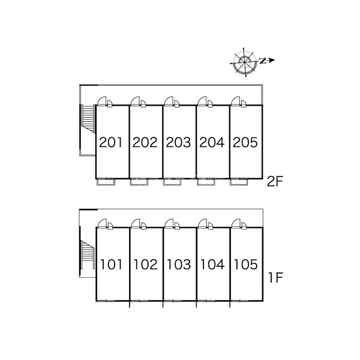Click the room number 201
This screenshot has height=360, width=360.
pyautogui.click(x=110, y=142)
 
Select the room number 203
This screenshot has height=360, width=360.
pyautogui.click(x=178, y=142)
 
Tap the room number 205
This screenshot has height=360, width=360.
pyautogui.click(x=245, y=142)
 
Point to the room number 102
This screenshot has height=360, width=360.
pyautogui.click(x=146, y=265)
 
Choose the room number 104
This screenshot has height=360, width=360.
pyautogui.click(x=212, y=265)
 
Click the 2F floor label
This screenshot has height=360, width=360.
pyautogui.click(x=275, y=182)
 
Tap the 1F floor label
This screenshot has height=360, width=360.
pyautogui.click(x=275, y=278)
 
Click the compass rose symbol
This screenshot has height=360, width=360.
pyautogui.click(x=244, y=62)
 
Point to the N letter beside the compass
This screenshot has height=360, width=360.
pyautogui.click(x=263, y=61)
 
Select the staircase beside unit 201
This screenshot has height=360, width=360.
pyautogui.click(x=88, y=118)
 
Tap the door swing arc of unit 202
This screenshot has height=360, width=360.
pyautogui.click(x=136, y=101)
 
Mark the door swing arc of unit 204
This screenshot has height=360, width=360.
pyautogui.click(x=202, y=101)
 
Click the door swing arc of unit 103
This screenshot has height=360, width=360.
pyautogui.click(x=169, y=223)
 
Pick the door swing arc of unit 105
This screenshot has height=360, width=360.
pyautogui.click(x=236, y=223)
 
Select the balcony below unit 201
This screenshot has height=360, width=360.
pyautogui.click(x=106, y=182)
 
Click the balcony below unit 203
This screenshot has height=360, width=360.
pyautogui.click(x=172, y=182)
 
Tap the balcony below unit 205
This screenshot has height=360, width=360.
pyautogui.click(x=239, y=182)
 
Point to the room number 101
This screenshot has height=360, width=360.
pyautogui.click(x=112, y=265)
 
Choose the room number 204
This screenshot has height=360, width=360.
pyautogui.click(x=212, y=142)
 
